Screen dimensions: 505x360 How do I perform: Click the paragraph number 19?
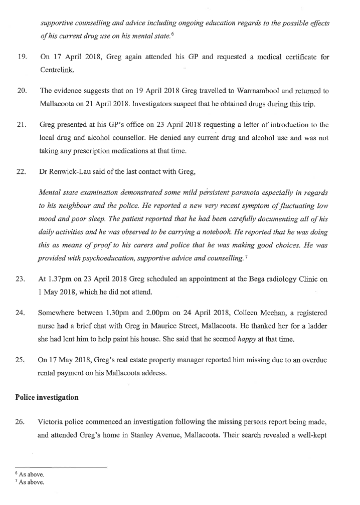click(x=21, y=57)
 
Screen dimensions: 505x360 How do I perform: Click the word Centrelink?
click(x=57, y=70)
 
